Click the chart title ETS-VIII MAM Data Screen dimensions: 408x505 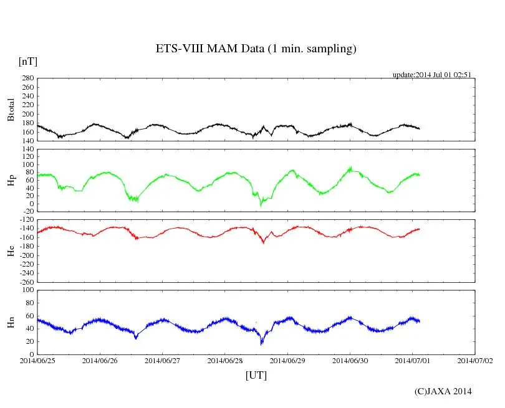(x=256, y=49)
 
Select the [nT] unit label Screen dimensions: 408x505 (x=28, y=62)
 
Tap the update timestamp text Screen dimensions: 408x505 (x=431, y=75)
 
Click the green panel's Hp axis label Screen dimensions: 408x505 (x=11, y=181)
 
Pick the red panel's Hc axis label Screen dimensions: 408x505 (x=11, y=250)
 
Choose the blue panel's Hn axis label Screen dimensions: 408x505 (x=11, y=322)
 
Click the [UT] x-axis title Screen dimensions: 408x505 (x=256, y=375)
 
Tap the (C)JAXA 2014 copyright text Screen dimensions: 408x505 (x=443, y=391)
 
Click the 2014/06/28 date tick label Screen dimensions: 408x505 (x=225, y=360)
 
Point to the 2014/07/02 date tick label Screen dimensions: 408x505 (x=475, y=360)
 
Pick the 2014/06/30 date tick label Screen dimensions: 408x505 (x=350, y=360)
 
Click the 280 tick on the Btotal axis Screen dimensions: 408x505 (x=27, y=78)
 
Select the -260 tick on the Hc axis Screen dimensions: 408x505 (x=25, y=282)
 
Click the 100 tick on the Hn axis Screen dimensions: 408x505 (x=27, y=290)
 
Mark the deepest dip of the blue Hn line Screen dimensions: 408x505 (x=262, y=343)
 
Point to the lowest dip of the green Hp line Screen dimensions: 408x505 (x=261, y=205)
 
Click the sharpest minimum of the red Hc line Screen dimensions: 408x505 (x=264, y=242)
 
